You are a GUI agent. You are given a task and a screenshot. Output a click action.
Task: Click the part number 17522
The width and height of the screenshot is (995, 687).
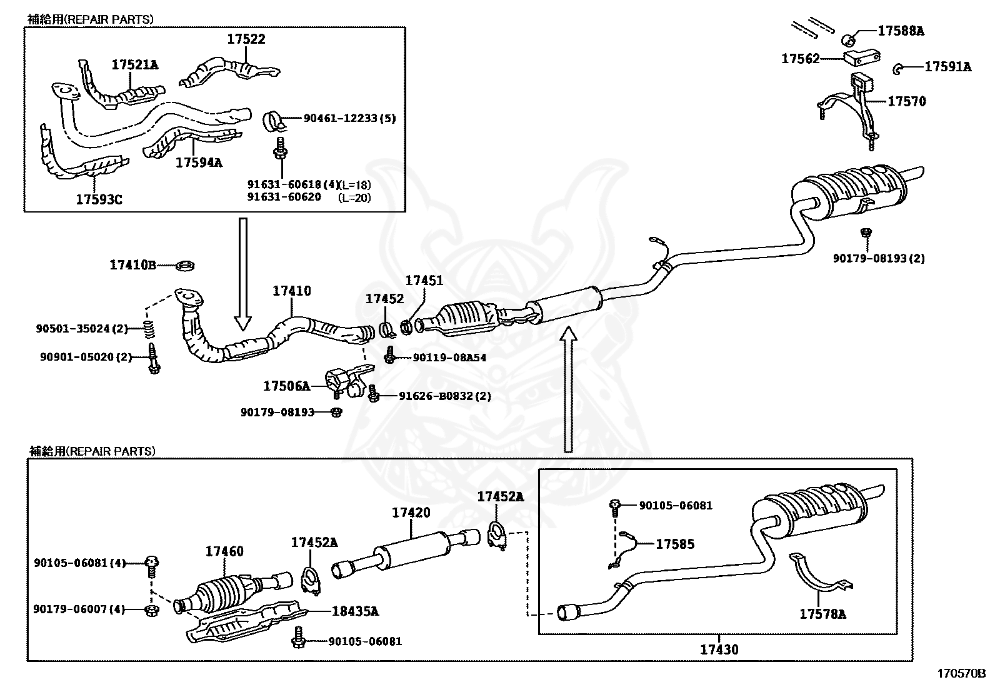tap(246, 39)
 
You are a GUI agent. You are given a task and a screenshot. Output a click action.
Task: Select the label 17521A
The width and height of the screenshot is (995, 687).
tap(135, 64)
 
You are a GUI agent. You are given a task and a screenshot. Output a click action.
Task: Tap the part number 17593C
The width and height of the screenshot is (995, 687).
tap(99, 199)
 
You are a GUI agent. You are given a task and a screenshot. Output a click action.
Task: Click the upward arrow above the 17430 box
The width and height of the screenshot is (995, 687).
tap(567, 388)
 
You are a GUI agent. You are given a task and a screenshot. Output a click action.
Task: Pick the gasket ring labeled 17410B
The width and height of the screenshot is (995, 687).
tap(184, 266)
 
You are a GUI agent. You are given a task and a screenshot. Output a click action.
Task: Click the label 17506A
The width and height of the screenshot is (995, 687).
tap(286, 386)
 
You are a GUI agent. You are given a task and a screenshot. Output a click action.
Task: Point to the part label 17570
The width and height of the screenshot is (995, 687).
tap(906, 101)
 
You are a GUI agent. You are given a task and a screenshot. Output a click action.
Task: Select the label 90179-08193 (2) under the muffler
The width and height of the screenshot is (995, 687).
tap(878, 258)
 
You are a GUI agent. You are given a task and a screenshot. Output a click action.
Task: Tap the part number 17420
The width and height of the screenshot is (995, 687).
tap(411, 513)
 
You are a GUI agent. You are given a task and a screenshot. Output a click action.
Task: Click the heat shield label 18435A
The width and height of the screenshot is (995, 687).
tap(355, 611)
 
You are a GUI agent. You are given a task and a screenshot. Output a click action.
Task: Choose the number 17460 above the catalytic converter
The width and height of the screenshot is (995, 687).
tap(224, 551)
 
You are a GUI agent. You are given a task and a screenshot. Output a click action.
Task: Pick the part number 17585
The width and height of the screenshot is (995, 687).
tap(674, 544)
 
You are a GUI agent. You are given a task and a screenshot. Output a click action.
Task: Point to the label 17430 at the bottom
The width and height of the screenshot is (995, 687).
tap(719, 649)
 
